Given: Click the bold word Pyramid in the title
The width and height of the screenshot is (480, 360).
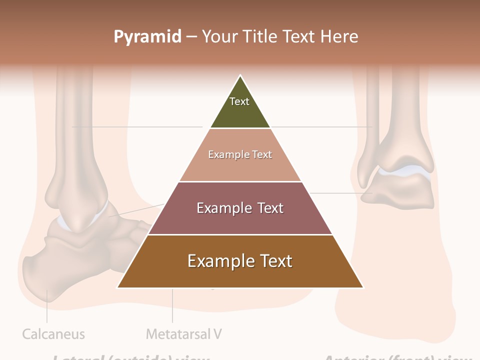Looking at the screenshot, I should click(x=147, y=37).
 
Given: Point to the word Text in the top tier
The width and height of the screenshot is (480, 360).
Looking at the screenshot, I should click(x=239, y=101).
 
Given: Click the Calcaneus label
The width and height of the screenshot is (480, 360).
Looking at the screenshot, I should click(x=53, y=334).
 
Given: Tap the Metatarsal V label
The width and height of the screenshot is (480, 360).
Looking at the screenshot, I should click(x=183, y=334).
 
